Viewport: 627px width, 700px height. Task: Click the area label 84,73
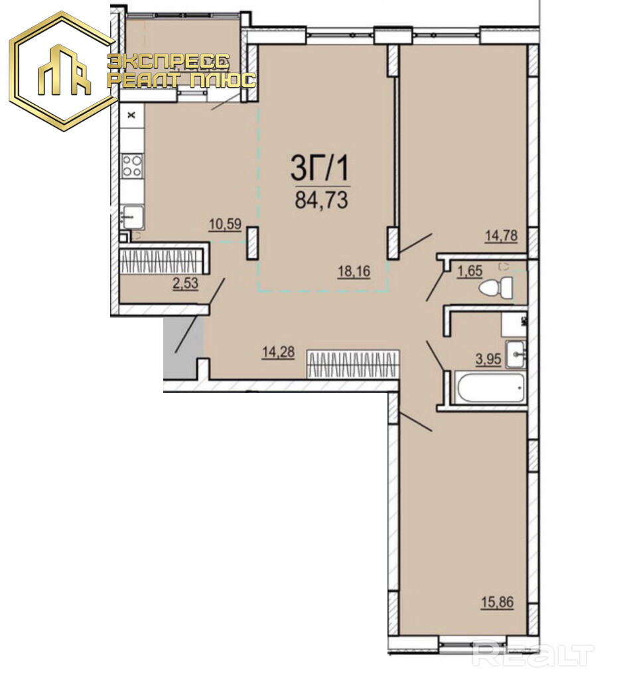point(321,200)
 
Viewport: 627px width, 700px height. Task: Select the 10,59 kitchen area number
point(225,224)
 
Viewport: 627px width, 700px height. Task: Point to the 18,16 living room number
point(354,271)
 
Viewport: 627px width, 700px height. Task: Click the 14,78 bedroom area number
point(501,236)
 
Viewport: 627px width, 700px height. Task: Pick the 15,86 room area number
point(497,602)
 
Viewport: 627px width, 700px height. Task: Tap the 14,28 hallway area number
point(278,352)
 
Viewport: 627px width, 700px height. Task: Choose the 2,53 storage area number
point(185,283)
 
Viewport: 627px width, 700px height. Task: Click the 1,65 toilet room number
point(470,271)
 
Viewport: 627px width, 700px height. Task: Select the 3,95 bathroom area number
point(488,359)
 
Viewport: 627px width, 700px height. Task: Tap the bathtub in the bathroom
point(488,387)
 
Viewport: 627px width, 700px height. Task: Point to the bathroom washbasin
point(516,354)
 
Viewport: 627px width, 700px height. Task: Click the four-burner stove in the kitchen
point(133,165)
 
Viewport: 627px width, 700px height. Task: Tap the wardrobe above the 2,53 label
point(164,259)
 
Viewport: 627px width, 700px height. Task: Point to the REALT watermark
point(533,655)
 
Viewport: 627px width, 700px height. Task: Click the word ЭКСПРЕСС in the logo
point(169,62)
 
